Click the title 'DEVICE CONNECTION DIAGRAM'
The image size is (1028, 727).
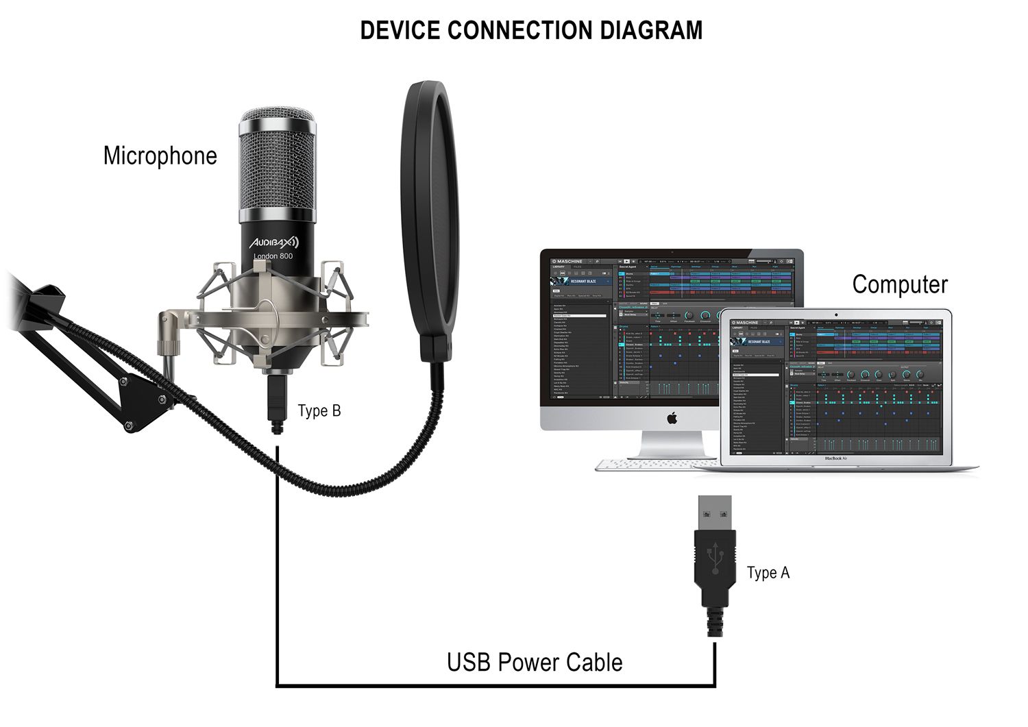click(531, 31)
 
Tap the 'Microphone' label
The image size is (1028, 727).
click(160, 156)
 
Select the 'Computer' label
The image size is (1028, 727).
click(900, 284)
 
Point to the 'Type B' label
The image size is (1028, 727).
click(319, 411)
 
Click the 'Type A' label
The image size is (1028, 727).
click(768, 573)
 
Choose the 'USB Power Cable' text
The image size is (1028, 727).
click(535, 663)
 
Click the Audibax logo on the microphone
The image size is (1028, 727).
click(273, 241)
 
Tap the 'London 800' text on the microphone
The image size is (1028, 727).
click(273, 256)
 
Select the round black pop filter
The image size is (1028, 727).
click(430, 206)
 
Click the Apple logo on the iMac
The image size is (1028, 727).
click(672, 417)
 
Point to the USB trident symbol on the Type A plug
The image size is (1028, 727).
click(715, 558)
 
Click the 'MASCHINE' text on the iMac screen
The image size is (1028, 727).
click(570, 261)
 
